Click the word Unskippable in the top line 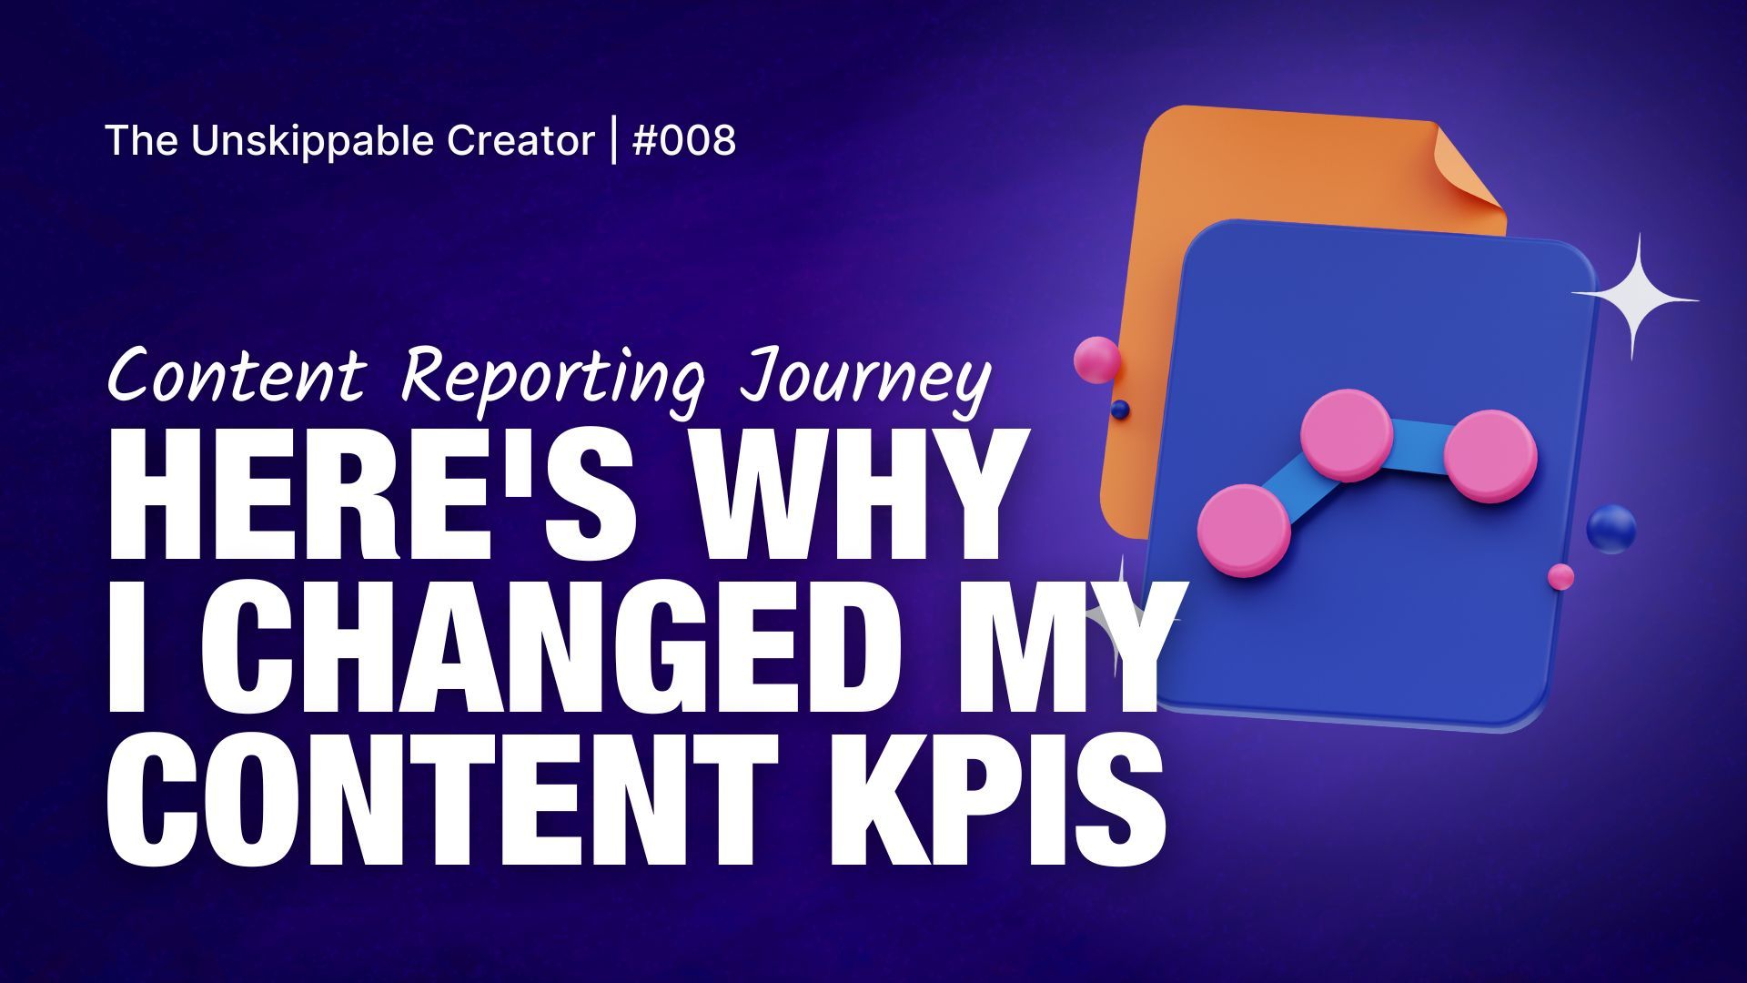313,142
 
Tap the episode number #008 683,141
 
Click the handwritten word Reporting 552,378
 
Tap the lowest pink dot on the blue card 1244,531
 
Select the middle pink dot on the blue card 1347,435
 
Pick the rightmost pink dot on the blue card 1490,454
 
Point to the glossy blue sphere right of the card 1611,530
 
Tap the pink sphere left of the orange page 1096,359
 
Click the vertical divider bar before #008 613,142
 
